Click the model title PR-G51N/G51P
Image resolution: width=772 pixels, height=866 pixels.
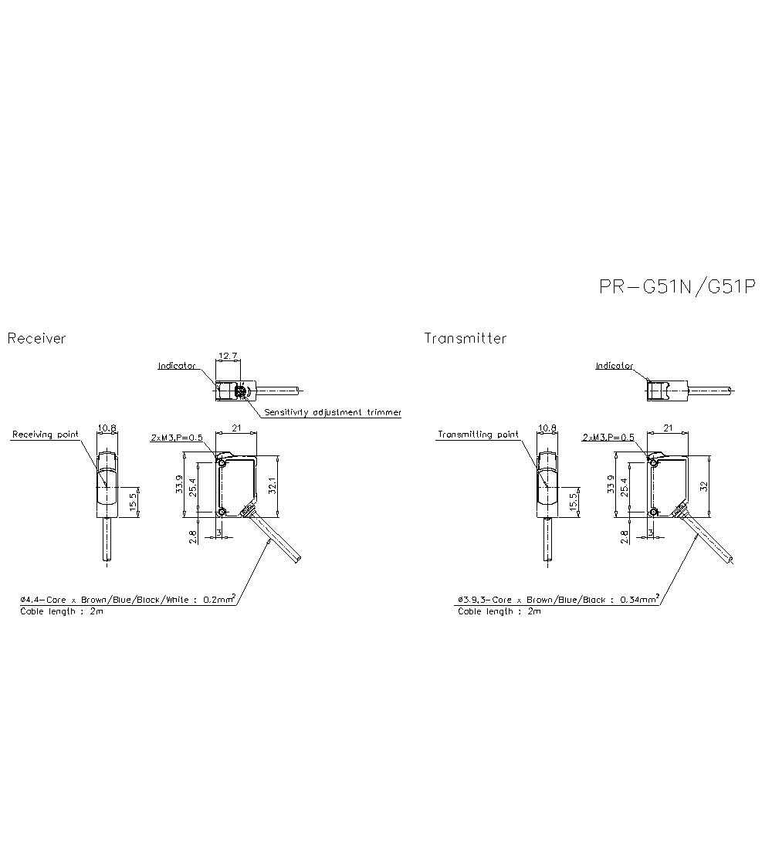click(677, 287)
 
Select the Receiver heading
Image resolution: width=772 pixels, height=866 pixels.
click(36, 338)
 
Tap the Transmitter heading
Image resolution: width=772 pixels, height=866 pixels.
click(465, 338)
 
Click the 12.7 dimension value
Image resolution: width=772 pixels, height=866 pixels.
click(228, 356)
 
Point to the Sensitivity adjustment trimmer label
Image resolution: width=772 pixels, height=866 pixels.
click(332, 412)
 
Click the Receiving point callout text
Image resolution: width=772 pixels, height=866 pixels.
click(45, 435)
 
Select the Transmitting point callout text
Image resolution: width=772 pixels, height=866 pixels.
click(478, 435)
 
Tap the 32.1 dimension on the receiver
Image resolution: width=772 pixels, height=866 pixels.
click(271, 485)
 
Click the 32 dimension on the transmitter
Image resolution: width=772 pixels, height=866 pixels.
click(703, 485)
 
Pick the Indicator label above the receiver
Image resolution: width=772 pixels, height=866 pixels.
click(177, 365)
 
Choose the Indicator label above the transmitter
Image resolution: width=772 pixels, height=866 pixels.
click(614, 365)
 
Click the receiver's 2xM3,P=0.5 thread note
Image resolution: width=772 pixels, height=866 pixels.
click(176, 438)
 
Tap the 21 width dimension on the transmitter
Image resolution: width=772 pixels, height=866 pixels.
click(668, 427)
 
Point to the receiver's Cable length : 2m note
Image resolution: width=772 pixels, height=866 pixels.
click(61, 611)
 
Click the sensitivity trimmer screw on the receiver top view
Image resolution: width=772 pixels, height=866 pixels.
click(240, 394)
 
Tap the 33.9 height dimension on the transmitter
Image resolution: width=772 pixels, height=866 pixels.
click(610, 485)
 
